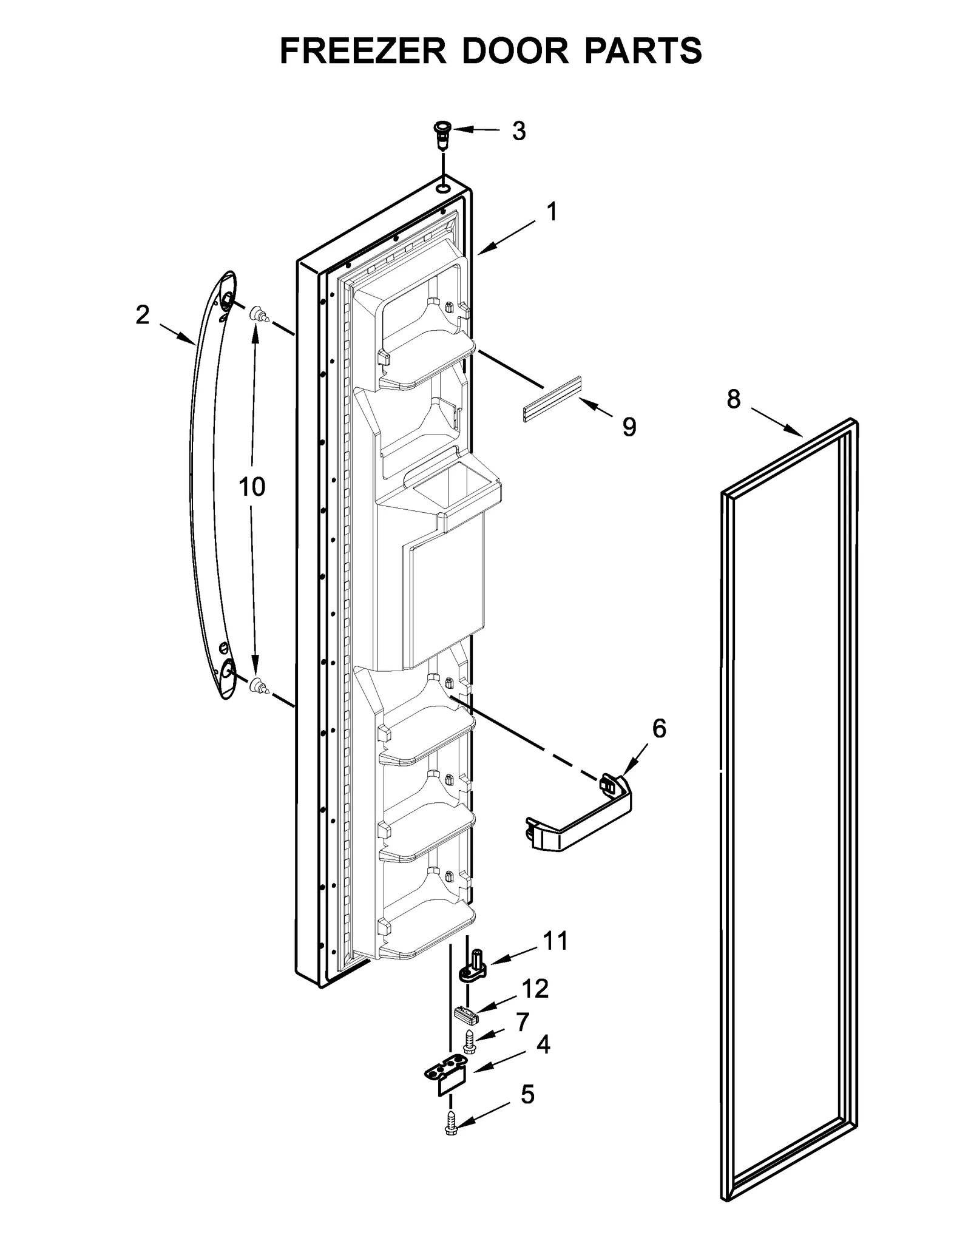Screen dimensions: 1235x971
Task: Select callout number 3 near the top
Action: pos(518,131)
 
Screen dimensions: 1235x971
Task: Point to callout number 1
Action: pos(551,212)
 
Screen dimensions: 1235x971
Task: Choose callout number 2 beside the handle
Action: pos(143,315)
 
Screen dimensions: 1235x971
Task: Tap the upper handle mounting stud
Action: pos(258,315)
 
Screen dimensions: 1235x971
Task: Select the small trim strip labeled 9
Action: pos(551,398)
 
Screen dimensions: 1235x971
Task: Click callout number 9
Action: pos(629,427)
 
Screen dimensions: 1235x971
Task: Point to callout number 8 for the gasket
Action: pos(733,399)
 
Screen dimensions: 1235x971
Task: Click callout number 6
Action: pos(659,728)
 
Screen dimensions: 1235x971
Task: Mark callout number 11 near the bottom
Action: pos(555,941)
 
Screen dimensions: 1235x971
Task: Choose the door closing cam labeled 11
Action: pos(473,972)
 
